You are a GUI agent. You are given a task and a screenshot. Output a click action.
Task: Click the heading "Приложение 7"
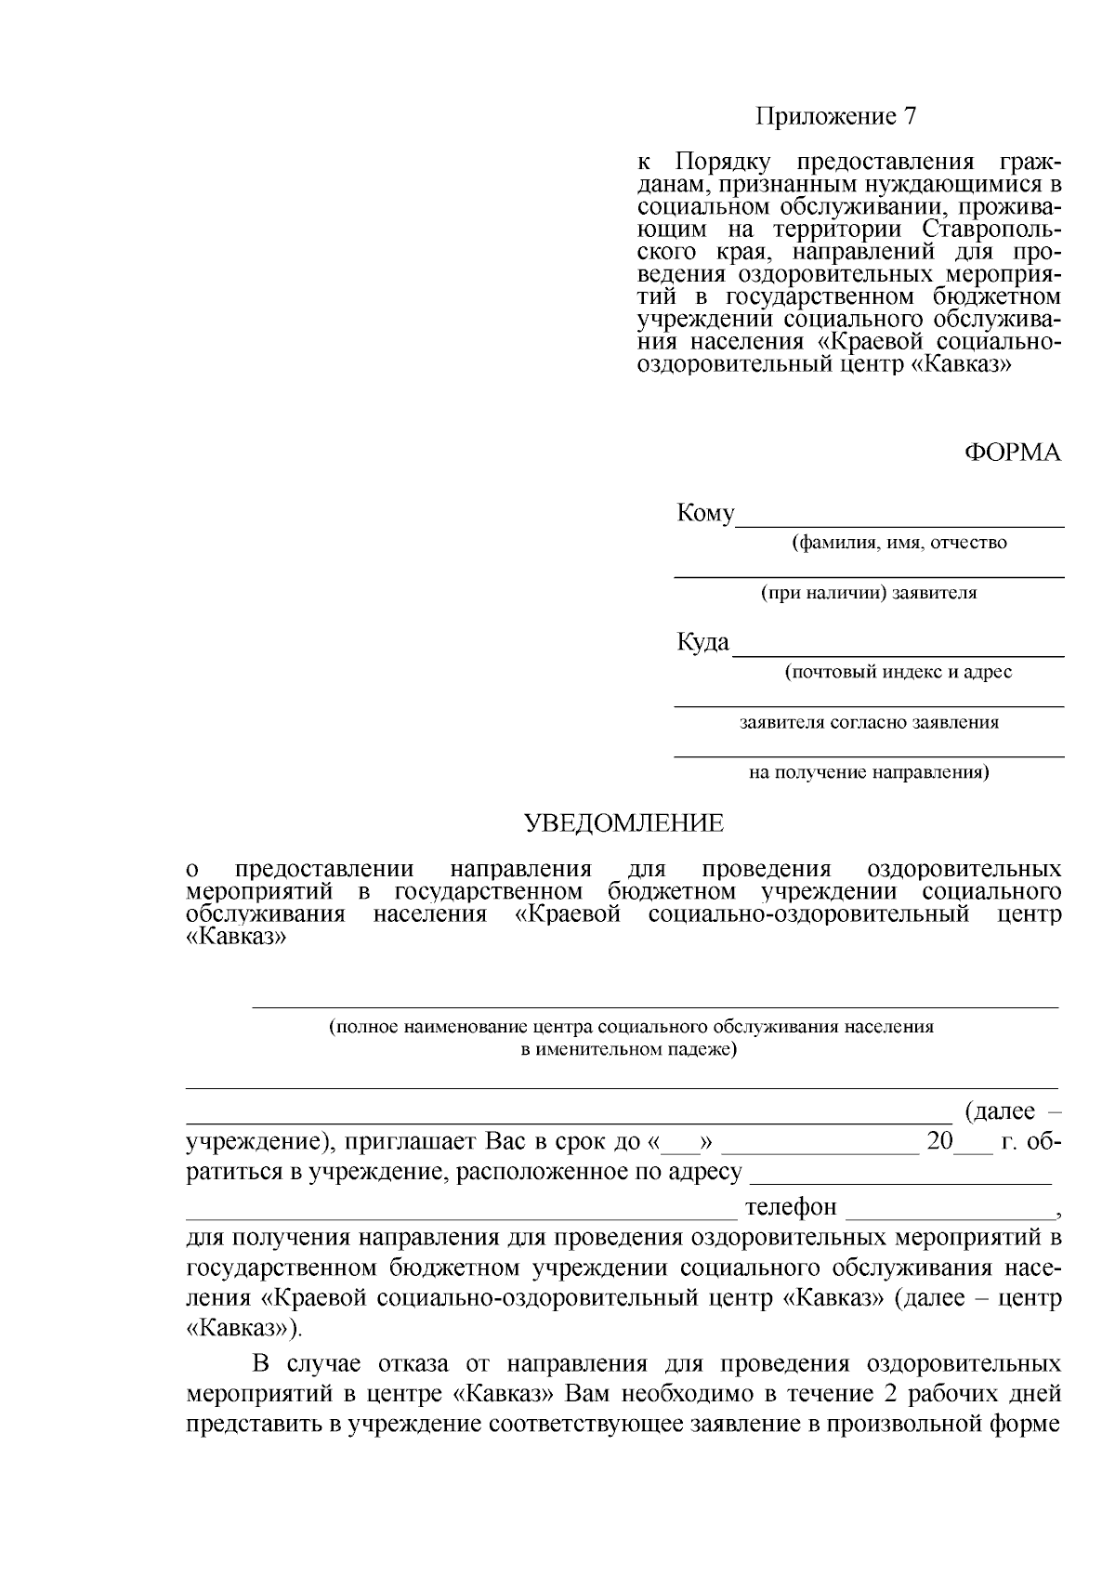coord(835,117)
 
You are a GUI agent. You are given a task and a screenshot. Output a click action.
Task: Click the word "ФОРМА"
coord(1012,453)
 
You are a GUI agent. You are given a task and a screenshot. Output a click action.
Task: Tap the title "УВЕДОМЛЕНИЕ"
coord(623,823)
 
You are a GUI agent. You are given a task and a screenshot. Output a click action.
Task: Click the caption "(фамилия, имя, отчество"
coord(899,543)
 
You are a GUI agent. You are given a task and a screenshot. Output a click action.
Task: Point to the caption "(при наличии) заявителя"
coord(869,593)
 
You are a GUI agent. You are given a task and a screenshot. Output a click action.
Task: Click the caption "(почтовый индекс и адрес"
coord(898,672)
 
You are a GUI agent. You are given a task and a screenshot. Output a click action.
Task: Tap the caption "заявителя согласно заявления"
coord(869,722)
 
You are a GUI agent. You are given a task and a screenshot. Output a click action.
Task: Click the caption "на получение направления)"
coord(869,772)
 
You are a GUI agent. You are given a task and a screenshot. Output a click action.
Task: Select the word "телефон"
coord(791,1207)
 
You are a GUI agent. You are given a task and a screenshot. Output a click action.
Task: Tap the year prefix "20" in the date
coord(939,1141)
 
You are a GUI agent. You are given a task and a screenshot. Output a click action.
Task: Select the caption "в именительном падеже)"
coord(628,1050)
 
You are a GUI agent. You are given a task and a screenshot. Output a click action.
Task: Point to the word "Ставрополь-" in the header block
coord(992,229)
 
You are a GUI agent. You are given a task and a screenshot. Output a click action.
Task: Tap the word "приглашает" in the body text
coord(402,1141)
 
